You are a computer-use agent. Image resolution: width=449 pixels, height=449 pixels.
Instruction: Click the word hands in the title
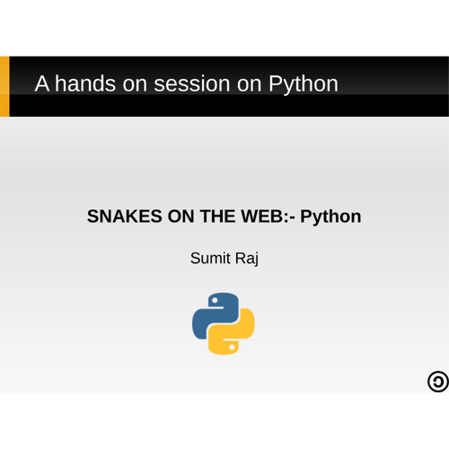(x=85, y=84)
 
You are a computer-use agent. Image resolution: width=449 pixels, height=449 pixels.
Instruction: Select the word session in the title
(x=192, y=84)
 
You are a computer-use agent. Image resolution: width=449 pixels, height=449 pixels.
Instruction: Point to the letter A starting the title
(x=42, y=84)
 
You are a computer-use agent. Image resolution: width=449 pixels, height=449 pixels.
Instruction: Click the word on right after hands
(x=135, y=85)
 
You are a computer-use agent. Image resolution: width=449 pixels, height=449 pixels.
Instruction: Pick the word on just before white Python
(x=250, y=85)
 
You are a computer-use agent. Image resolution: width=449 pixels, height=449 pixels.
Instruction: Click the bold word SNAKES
(x=125, y=216)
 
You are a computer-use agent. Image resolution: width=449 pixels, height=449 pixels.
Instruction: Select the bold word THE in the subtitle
(x=217, y=216)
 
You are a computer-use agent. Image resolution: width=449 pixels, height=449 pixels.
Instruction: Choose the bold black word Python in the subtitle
(x=330, y=217)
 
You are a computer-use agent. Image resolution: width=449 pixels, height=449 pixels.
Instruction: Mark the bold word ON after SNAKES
(x=180, y=216)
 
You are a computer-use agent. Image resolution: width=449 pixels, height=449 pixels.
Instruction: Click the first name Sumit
(x=211, y=258)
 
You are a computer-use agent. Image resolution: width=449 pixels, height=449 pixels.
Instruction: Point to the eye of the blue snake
(x=215, y=300)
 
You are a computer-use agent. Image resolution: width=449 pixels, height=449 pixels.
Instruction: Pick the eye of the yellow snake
(x=232, y=348)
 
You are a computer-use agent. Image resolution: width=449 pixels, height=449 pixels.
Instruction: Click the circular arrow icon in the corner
(x=438, y=382)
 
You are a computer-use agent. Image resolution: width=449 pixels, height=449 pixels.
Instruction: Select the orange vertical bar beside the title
(x=4, y=86)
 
